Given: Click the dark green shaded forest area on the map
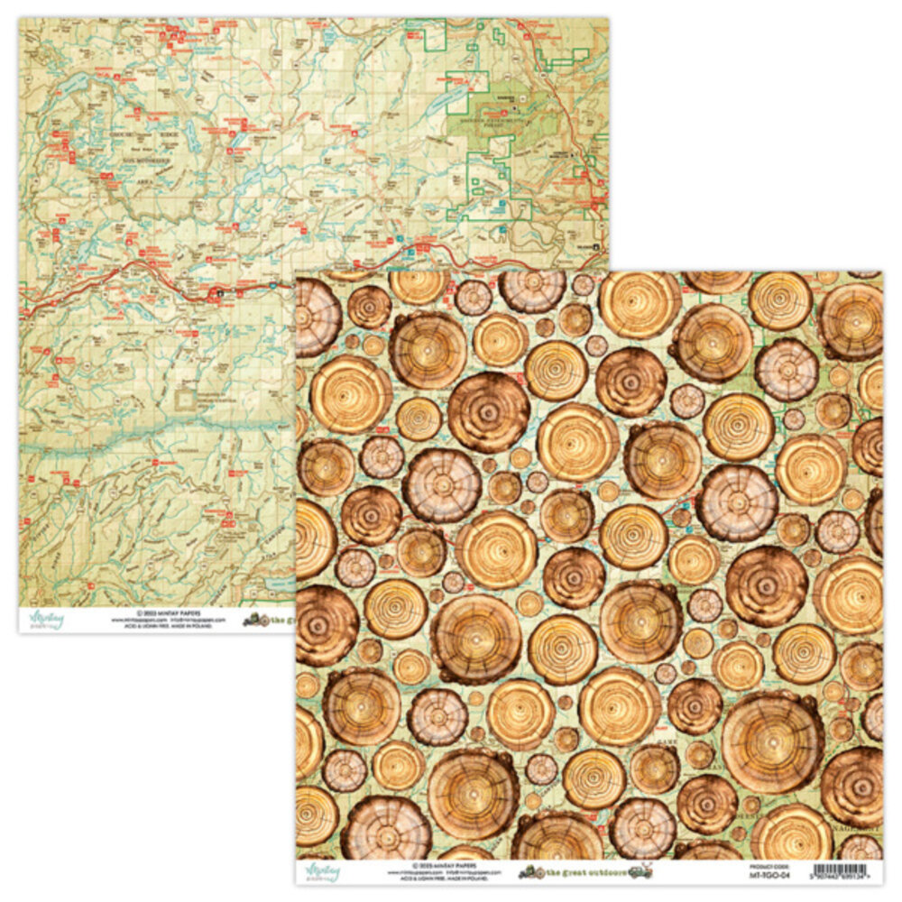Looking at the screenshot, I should [x=487, y=126].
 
